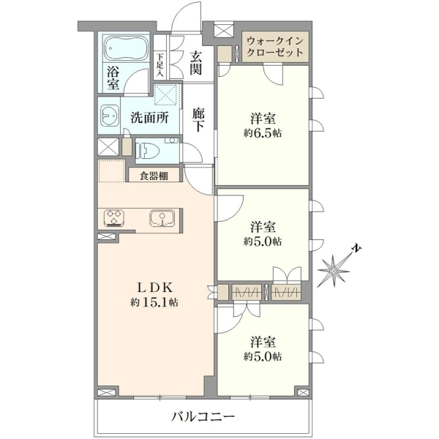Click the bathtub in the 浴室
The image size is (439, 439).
pos(126,48)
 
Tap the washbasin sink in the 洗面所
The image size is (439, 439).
pos(109,116)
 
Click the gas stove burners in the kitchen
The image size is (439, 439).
pos(114,218)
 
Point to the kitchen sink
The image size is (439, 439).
pos(162,218)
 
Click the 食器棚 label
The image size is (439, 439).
pos(154,176)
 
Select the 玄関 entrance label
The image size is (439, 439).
pos(195,64)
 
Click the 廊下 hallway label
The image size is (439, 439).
pos(198,119)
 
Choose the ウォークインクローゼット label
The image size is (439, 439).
pos(275,47)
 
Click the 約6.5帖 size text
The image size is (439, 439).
pos(263,134)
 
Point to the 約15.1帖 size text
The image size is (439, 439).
pos(154,302)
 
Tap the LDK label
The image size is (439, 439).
pos(155,288)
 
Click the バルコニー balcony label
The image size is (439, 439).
pos(203,417)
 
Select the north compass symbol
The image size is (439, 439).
pos(334,271)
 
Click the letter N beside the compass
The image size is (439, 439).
pos(356,248)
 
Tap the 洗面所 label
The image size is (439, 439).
pos(149,118)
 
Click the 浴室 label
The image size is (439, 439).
pos(113,78)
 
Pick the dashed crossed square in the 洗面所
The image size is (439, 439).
pos(166,94)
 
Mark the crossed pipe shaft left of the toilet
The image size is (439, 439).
pos(108,146)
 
